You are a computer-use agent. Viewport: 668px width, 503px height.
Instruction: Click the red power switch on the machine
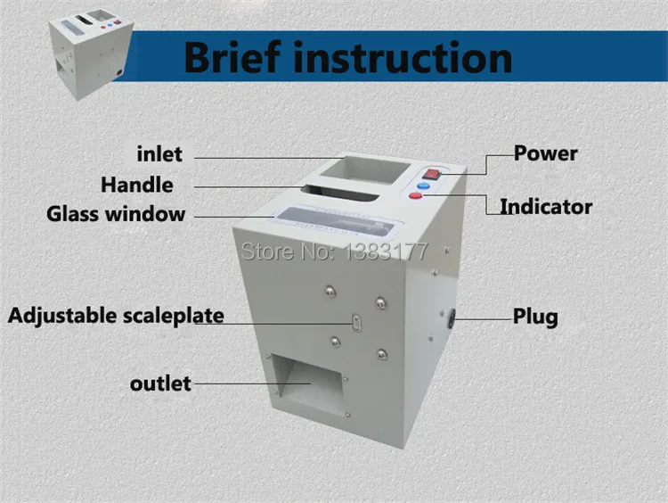tap(431, 174)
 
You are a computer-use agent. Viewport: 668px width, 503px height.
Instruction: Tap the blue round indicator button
tap(423, 186)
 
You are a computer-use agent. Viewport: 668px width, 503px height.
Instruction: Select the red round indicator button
tap(415, 196)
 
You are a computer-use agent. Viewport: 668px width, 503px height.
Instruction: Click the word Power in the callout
tap(545, 153)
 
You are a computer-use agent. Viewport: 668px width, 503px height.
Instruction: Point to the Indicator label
tap(546, 207)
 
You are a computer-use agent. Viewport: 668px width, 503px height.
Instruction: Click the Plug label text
tap(535, 317)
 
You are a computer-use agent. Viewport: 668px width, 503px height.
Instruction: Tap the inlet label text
tap(159, 153)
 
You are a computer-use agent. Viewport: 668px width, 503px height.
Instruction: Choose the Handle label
tap(137, 186)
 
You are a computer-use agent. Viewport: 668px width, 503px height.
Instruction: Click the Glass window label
tap(116, 214)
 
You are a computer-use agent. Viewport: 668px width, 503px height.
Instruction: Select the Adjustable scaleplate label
tap(116, 316)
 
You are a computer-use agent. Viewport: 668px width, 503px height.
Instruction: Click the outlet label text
tap(160, 383)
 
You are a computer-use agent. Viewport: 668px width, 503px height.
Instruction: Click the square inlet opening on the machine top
tap(364, 169)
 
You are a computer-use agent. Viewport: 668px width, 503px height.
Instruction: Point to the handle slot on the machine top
tap(339, 193)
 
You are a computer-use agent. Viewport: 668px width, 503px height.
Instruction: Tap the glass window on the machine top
tap(335, 223)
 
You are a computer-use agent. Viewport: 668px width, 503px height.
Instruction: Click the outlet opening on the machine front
tap(308, 384)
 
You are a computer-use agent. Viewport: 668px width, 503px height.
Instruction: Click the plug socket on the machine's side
tap(452, 317)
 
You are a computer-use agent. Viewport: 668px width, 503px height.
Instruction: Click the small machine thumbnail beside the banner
tap(91, 54)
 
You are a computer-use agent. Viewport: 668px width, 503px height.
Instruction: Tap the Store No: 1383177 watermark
tap(334, 251)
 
